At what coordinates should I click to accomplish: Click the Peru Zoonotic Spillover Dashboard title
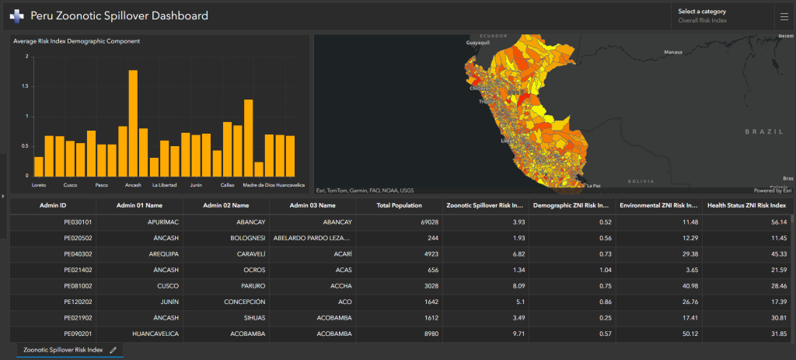click(x=119, y=16)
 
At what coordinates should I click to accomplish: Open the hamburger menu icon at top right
click(x=783, y=16)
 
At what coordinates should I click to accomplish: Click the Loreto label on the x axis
click(x=39, y=185)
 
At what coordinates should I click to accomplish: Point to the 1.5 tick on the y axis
click(x=25, y=86)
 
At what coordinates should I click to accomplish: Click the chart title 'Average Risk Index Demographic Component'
click(x=76, y=41)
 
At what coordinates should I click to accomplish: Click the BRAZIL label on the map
click(x=761, y=132)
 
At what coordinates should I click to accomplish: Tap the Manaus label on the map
click(x=672, y=52)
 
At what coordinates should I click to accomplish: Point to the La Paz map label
click(x=594, y=186)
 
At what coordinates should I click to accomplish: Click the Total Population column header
click(x=399, y=205)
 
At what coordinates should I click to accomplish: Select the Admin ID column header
click(x=53, y=205)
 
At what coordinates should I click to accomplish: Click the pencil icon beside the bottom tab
click(x=113, y=351)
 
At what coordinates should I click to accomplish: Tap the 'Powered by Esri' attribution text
click(x=772, y=190)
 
